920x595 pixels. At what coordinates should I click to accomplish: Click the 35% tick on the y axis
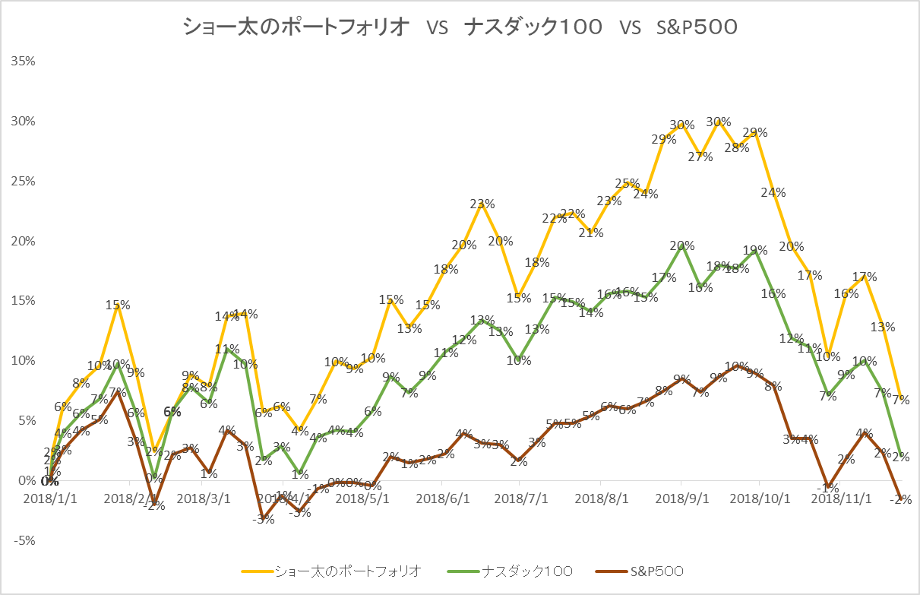(x=24, y=62)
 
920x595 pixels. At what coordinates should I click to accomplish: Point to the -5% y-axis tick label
(x=24, y=541)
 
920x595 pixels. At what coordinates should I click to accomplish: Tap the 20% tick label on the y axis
(x=24, y=241)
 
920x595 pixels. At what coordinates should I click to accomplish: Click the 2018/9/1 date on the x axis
(x=681, y=499)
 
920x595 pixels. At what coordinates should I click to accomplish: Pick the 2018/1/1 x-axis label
(x=44, y=499)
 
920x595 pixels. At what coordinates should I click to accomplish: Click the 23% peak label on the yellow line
(x=482, y=204)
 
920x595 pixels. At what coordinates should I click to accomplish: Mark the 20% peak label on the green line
(x=681, y=245)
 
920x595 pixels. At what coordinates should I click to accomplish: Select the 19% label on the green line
(x=754, y=250)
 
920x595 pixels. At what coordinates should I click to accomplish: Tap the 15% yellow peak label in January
(x=118, y=305)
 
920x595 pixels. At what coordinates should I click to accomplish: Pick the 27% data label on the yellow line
(x=700, y=157)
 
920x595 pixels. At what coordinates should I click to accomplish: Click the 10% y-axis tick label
(x=24, y=361)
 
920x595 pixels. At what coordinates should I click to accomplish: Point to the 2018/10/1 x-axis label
(x=760, y=499)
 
